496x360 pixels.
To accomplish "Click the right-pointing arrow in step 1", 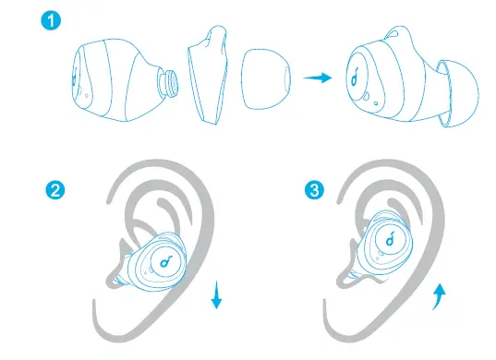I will pyautogui.click(x=319, y=79).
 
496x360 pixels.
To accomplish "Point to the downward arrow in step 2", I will pyautogui.click(x=216, y=295).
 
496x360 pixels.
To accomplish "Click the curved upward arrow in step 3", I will pyautogui.click(x=441, y=295).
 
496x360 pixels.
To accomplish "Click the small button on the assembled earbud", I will pyautogui.click(x=367, y=97).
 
